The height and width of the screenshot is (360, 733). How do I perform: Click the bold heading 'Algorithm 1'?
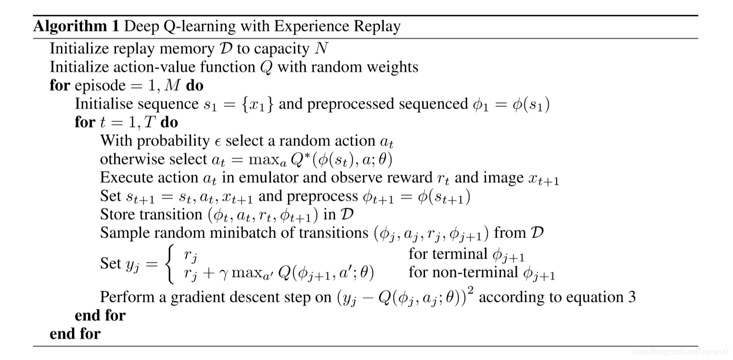pos(76,26)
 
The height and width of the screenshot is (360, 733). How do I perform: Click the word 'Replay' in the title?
pos(377,26)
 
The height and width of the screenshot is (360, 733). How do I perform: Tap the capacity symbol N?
pos(321,49)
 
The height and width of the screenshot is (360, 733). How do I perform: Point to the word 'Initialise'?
pos(105,104)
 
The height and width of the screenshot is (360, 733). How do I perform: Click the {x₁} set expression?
pos(258,104)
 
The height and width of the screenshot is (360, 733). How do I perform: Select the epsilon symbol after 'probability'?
pos(218,142)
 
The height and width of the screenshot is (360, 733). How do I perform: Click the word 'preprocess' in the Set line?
pos(322,196)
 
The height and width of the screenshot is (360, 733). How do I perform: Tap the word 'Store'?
pos(117,215)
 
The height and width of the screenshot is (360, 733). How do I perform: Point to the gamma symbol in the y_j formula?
pos(223,273)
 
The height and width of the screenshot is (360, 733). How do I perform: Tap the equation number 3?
pos(632,297)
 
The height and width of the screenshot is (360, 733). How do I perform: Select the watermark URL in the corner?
pos(680,352)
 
